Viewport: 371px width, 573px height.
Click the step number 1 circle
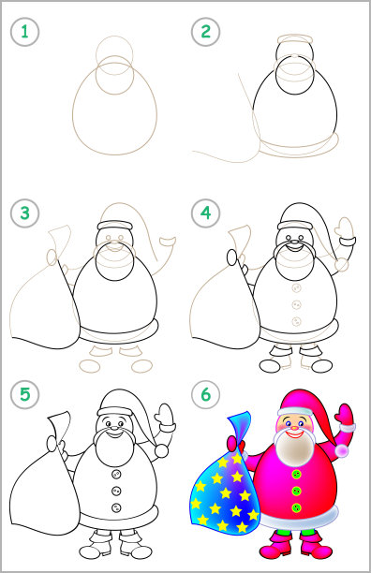24,32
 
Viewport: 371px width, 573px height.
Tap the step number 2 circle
206,32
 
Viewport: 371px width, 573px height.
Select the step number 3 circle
24,213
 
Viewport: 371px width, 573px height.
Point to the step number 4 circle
206,213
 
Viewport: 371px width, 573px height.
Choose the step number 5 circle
24,395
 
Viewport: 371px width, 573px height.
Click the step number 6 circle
206,395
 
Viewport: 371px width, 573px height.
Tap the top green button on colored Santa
296,475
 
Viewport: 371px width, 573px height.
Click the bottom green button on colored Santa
296,507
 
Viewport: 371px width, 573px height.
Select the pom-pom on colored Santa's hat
343,450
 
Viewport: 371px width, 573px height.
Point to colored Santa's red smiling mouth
295,434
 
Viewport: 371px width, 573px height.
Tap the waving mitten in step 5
164,414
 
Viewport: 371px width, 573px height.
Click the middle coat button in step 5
116,491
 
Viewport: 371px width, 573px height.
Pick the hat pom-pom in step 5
161,451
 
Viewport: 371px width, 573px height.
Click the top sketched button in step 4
296,288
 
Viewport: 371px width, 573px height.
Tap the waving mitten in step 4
345,228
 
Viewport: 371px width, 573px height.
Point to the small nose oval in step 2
295,56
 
